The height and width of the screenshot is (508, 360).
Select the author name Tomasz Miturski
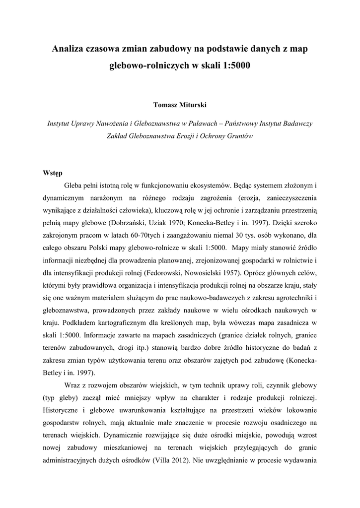[180, 105]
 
